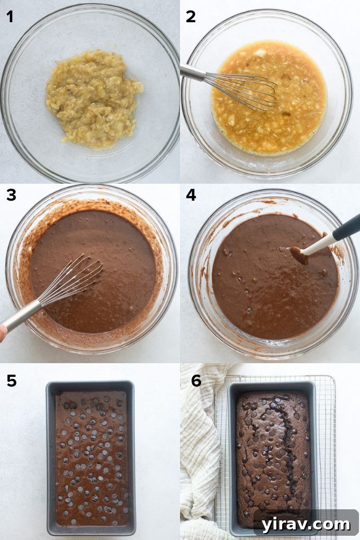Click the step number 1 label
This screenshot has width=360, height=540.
10,17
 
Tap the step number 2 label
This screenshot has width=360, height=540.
191,17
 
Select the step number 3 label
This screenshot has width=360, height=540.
11,195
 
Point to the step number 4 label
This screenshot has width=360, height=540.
191,195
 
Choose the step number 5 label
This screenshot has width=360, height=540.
11,381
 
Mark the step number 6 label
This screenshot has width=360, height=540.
196,381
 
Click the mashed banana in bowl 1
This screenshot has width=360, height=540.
93,97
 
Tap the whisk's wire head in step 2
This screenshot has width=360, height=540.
244,90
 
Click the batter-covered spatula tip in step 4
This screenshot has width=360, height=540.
300,255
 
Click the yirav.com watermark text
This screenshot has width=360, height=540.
305,524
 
